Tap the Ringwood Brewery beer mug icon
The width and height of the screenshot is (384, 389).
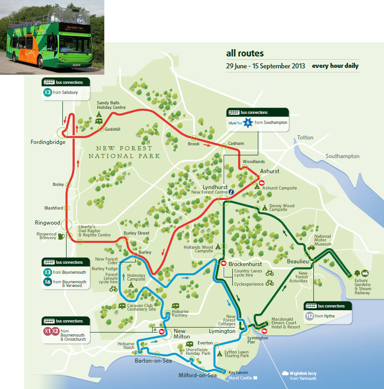click(61, 236)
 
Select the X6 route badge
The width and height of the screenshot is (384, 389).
click(47, 282)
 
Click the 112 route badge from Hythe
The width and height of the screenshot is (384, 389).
click(309, 316)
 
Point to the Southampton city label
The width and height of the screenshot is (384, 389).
click(342, 156)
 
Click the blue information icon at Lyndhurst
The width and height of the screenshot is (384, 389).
click(231, 192)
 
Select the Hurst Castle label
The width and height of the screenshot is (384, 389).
click(240, 378)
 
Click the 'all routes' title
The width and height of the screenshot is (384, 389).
click(245, 54)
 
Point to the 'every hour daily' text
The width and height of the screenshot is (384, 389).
click(335, 66)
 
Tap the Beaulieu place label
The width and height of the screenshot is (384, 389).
click(298, 261)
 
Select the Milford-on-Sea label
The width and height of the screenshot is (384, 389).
click(198, 375)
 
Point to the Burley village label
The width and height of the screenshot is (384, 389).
click(145, 252)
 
